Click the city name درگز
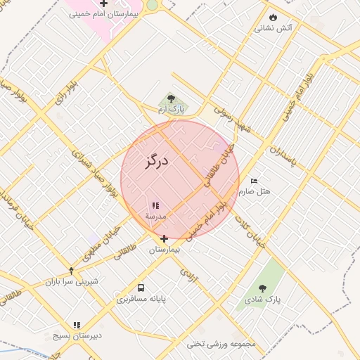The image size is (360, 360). pyautogui.click(x=157, y=162)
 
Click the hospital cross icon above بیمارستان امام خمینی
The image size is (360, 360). pyautogui.click(x=103, y=4)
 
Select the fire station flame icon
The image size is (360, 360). pyautogui.click(x=273, y=18)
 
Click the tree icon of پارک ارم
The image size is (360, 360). pyautogui.click(x=172, y=99)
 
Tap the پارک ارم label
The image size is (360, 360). pyautogui.click(x=172, y=110)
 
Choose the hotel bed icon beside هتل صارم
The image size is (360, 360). pyautogui.click(x=254, y=181)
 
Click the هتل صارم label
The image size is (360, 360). pyautogui.click(x=254, y=191)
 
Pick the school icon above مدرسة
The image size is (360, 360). pyautogui.click(x=155, y=206)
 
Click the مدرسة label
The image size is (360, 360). pyautogui.click(x=155, y=217)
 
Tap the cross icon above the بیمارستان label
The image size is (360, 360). pyautogui.click(x=165, y=239)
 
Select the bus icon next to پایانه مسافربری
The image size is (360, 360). pyautogui.click(x=141, y=288)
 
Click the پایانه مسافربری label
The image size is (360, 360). pyautogui.click(x=141, y=299)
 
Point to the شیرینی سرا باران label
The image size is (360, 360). pyautogui.click(x=72, y=281)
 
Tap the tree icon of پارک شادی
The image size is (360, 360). pyautogui.click(x=262, y=288)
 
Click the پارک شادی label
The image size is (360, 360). pyautogui.click(x=262, y=299)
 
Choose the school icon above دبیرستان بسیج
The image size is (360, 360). pyautogui.click(x=77, y=325)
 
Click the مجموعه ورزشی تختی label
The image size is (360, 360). pyautogui.click(x=221, y=344)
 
